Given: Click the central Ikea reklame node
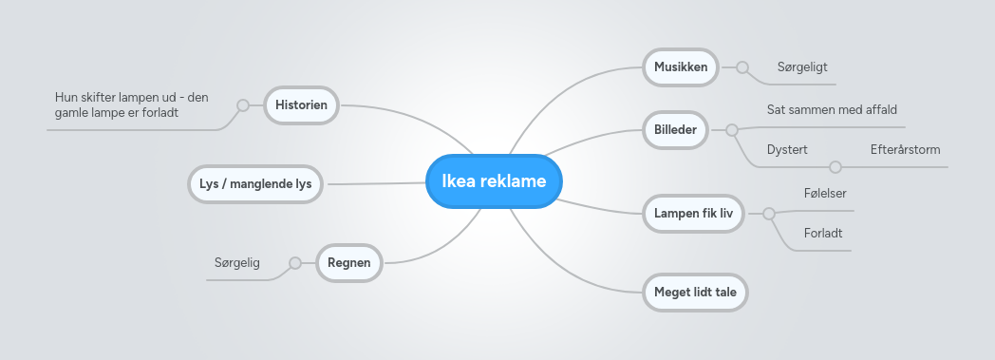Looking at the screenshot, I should click(494, 180).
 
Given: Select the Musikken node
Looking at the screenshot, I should click(681, 67).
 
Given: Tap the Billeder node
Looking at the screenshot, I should click(676, 129).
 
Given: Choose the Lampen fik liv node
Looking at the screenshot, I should click(693, 213).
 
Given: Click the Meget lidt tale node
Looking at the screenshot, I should click(695, 293).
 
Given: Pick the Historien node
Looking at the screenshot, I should click(301, 104).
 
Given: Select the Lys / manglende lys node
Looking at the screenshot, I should click(255, 183).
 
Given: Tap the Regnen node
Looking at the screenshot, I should click(349, 262).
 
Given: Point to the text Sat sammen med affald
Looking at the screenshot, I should click(832, 109).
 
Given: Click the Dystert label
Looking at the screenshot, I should click(787, 149).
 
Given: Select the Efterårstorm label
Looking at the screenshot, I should click(905, 149).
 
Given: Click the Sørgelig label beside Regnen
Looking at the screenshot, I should click(237, 262).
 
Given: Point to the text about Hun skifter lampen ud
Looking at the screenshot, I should click(131, 104).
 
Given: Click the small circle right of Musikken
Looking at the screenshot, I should click(742, 67).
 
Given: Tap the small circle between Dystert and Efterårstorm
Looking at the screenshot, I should click(835, 167).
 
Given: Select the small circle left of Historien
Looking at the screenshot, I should click(243, 104).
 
